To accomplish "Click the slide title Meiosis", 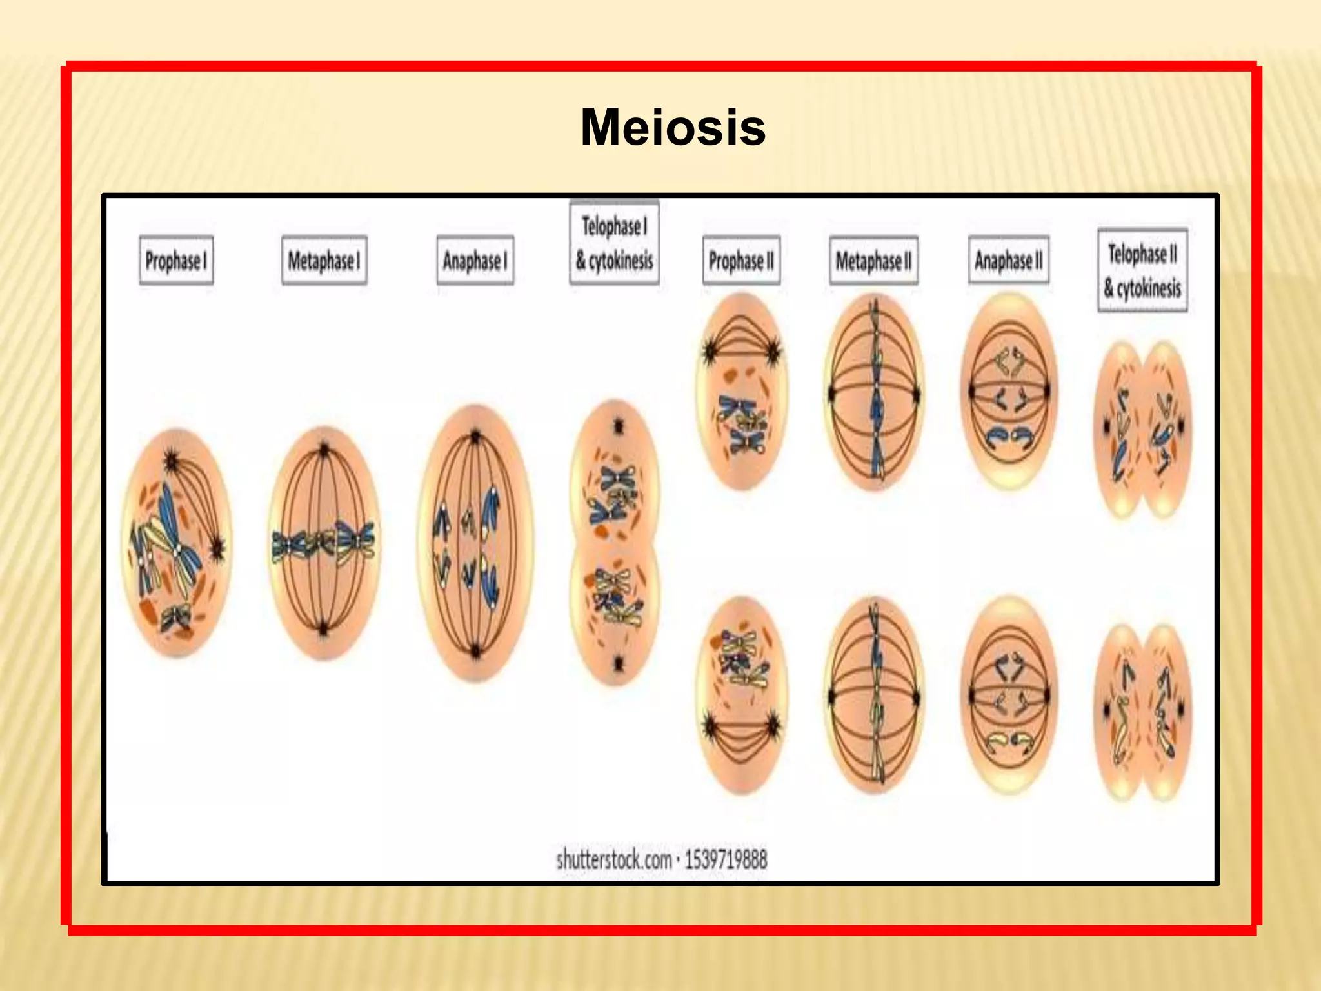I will click(x=673, y=128).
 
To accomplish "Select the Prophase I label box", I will click(x=176, y=261).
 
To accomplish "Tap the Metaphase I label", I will click(x=324, y=261).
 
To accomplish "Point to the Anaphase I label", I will click(x=475, y=261).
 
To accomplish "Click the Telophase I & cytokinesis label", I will click(x=614, y=243).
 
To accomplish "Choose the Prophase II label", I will click(x=741, y=261).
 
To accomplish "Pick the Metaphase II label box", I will click(x=873, y=261).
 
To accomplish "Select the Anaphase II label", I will click(x=1008, y=261).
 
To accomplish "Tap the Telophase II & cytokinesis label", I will click(x=1142, y=270).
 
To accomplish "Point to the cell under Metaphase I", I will click(x=324, y=542).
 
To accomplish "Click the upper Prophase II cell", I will click(x=742, y=391).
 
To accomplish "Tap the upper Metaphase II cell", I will click(x=875, y=391).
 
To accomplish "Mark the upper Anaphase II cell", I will click(x=1009, y=391).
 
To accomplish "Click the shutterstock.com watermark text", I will click(x=662, y=859).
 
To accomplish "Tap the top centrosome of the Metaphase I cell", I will click(x=324, y=448).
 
